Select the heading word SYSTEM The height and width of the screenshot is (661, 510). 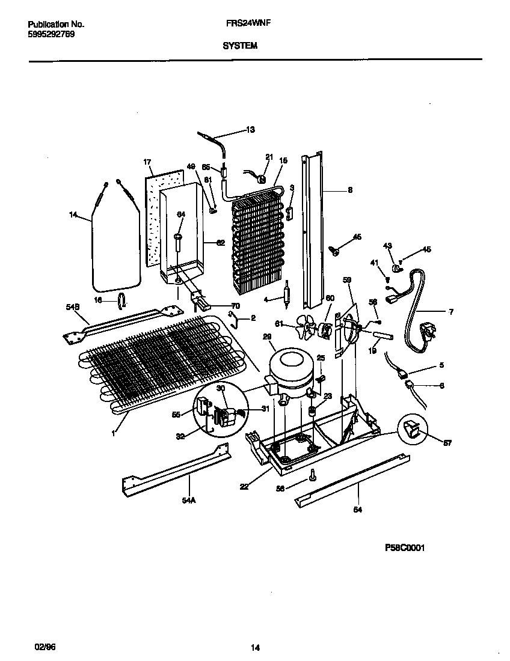pos(240,44)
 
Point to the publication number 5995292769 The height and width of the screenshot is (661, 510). pos(51,34)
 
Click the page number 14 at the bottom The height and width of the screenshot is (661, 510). pos(255,648)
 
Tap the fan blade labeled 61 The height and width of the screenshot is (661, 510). pos(309,329)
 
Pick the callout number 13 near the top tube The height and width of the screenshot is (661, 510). pos(250,130)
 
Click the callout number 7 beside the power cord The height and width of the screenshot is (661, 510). pos(451,312)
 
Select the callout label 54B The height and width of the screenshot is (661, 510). pos(73,307)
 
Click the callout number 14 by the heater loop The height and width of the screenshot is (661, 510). pos(74,212)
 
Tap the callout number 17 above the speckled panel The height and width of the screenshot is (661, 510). pos(147,162)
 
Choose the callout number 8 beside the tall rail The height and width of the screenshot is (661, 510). pos(350,190)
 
